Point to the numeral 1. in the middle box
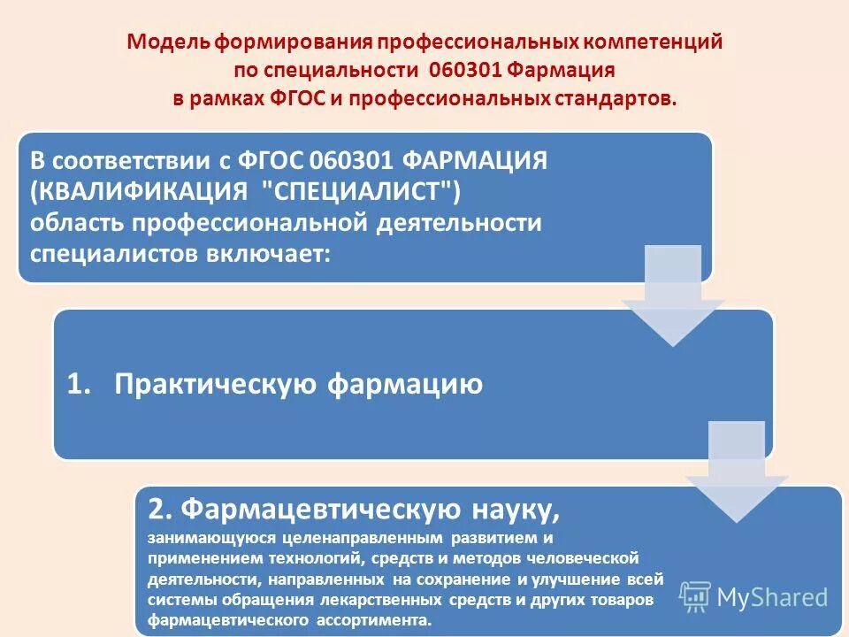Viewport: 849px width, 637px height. click(x=80, y=384)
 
